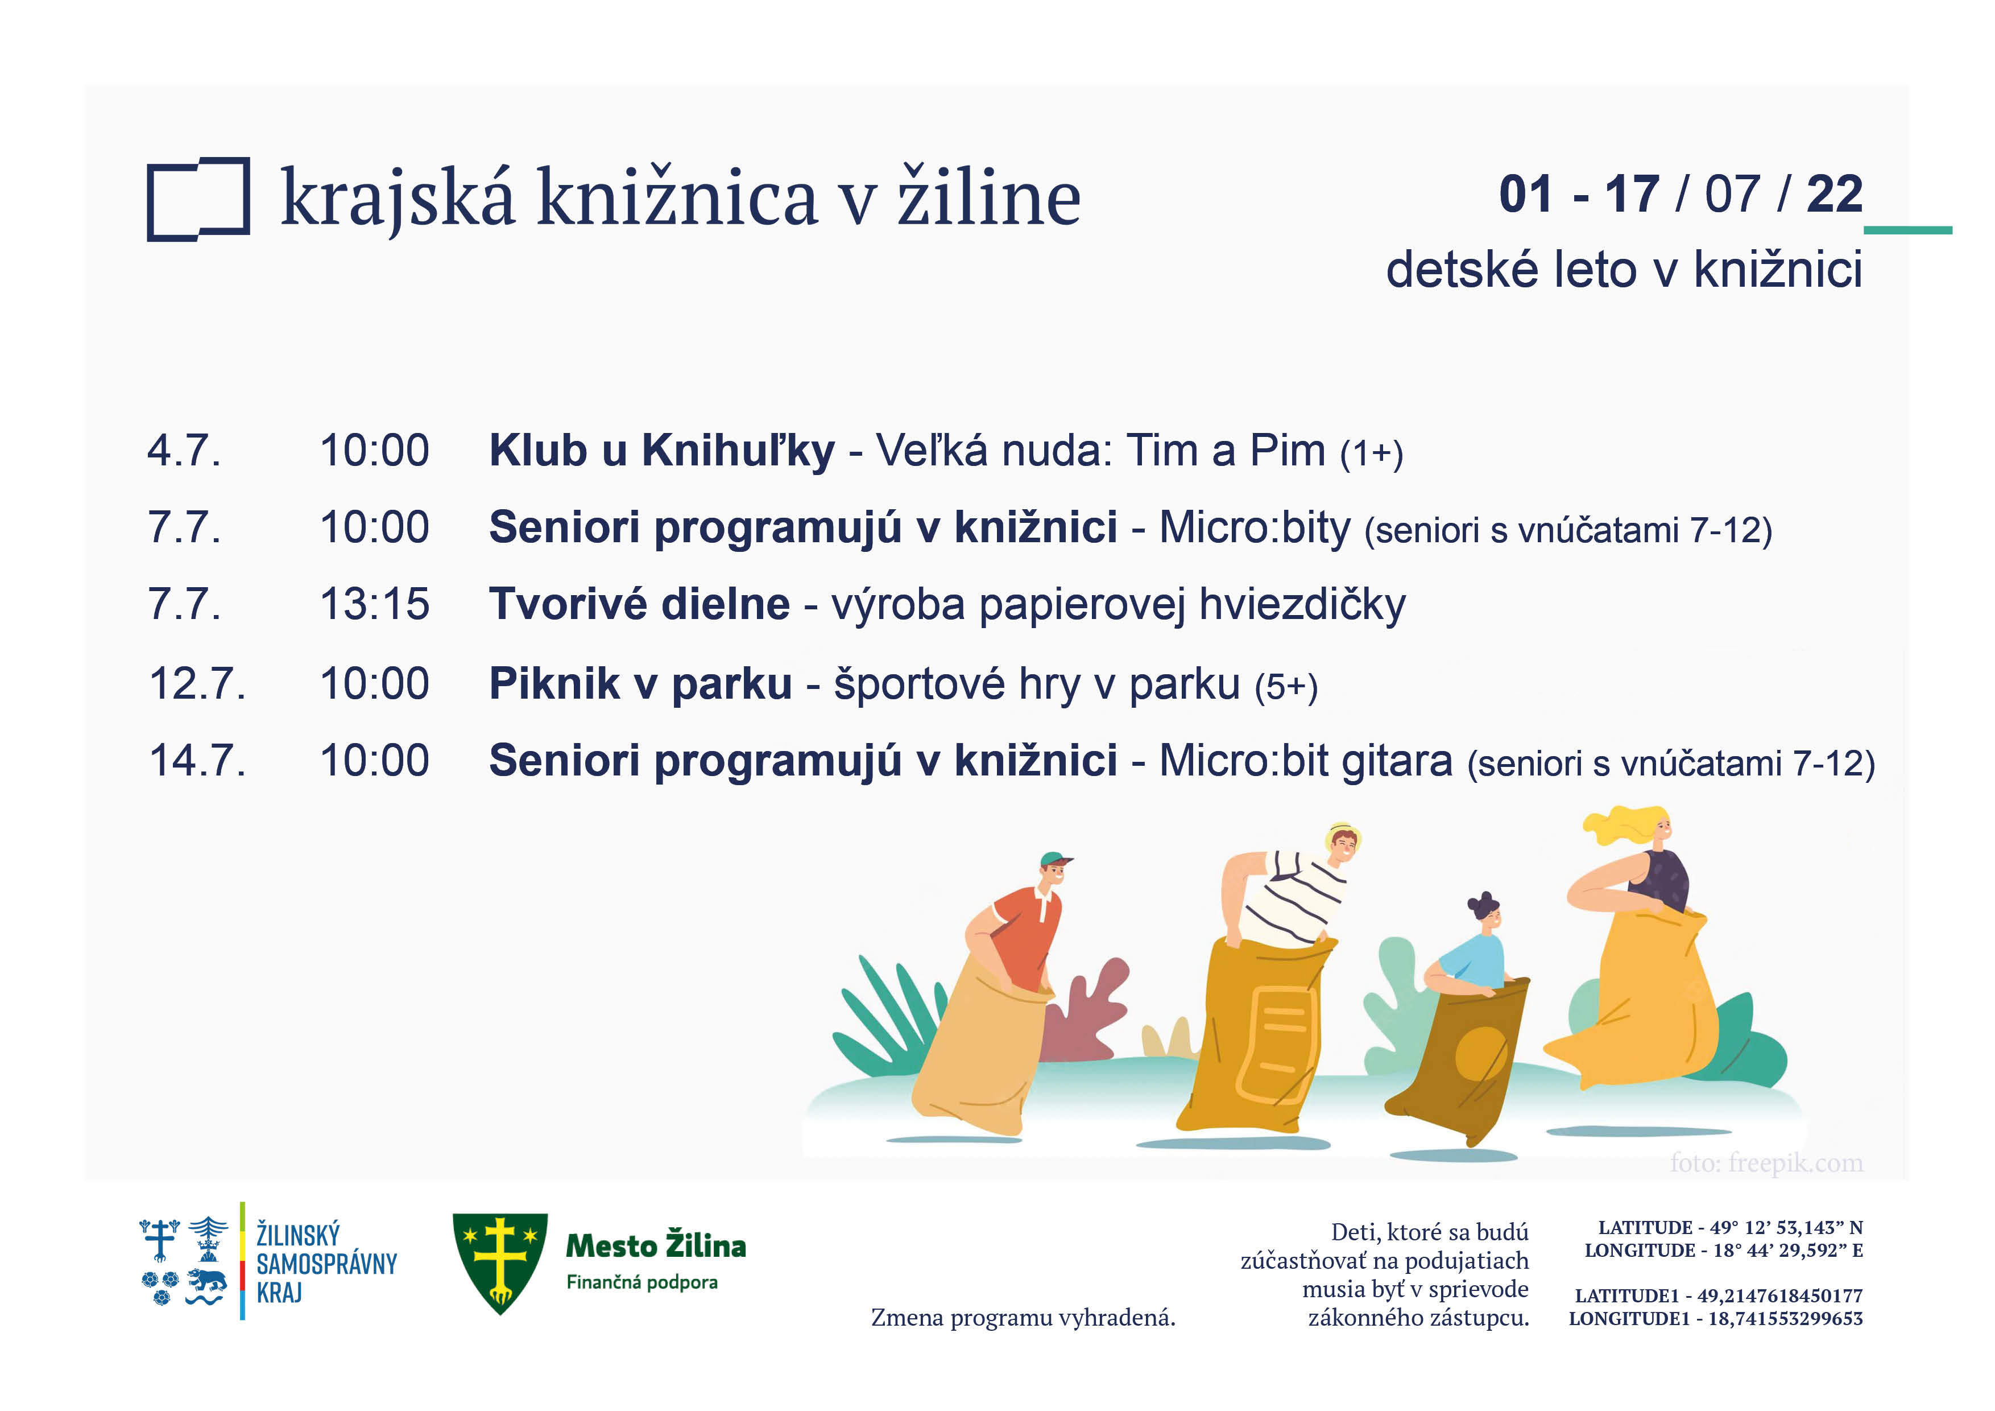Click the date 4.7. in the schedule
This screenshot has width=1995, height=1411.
(x=184, y=451)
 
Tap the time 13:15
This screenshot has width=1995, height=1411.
(x=375, y=603)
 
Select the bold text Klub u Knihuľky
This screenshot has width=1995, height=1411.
(x=661, y=451)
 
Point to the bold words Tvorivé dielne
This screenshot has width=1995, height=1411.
(x=640, y=603)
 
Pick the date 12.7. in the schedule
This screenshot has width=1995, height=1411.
(x=198, y=683)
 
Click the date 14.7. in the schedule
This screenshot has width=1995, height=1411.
(x=198, y=760)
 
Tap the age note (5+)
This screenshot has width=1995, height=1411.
(x=1286, y=687)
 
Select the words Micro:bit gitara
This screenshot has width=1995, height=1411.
(x=1306, y=761)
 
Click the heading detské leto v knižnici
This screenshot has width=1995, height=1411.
(x=1624, y=269)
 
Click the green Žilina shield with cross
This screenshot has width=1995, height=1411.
(x=500, y=1263)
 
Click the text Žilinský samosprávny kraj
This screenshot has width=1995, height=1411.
(x=326, y=1263)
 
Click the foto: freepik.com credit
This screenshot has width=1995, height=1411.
(x=1766, y=1162)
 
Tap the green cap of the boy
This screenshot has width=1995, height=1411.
(x=1056, y=861)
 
